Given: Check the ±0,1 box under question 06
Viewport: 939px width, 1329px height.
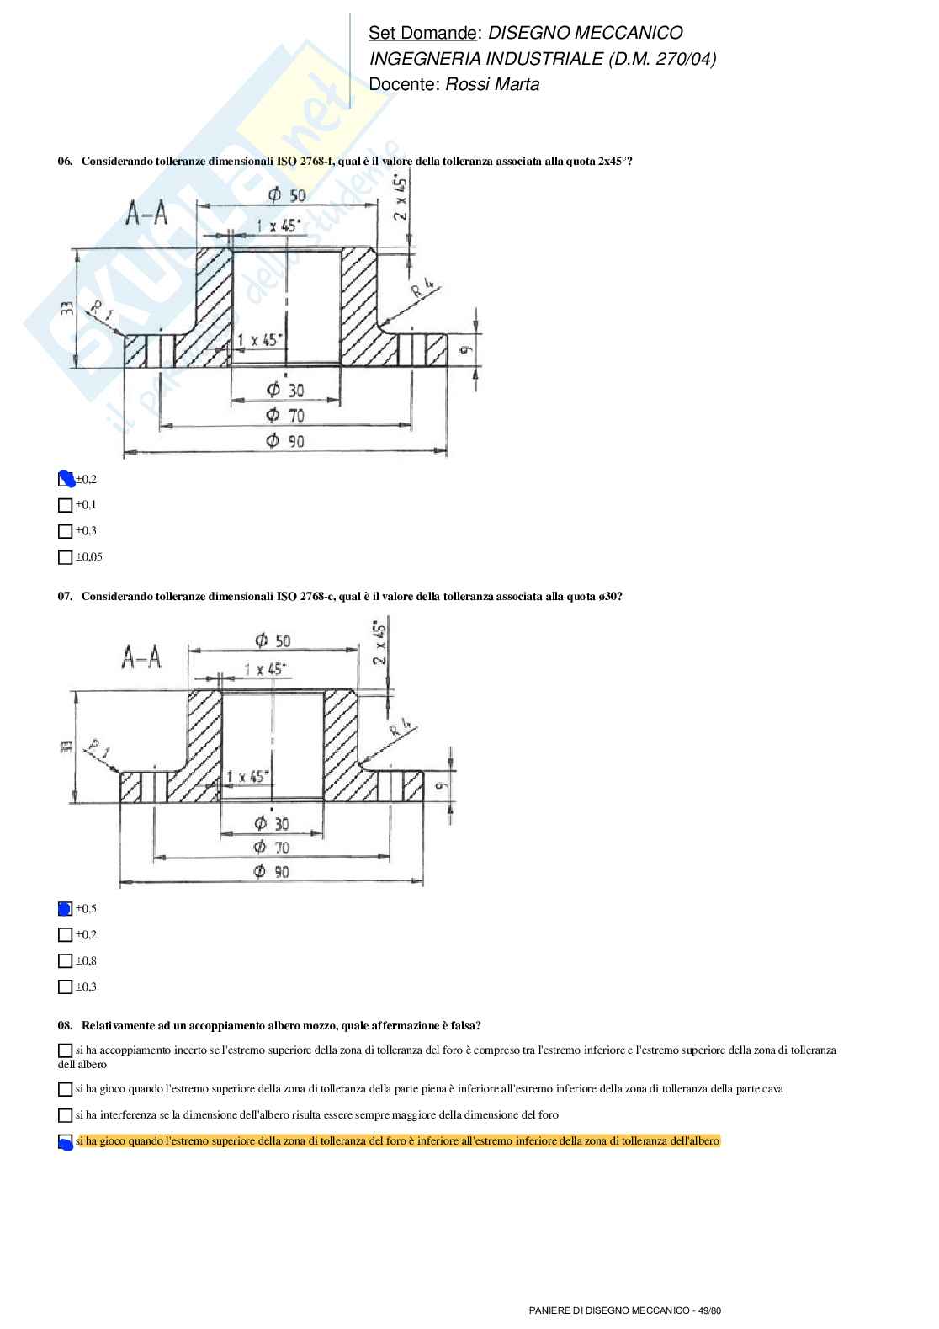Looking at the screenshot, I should click(65, 505).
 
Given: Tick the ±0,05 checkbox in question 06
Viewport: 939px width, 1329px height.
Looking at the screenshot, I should click(65, 557).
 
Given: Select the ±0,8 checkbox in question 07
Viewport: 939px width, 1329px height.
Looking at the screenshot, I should click(65, 960).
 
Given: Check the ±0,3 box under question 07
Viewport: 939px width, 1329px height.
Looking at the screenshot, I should click(65, 986).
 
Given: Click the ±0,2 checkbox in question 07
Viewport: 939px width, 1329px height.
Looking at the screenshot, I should click(65, 934).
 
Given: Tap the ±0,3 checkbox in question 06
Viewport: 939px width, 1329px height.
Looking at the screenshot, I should click(65, 531).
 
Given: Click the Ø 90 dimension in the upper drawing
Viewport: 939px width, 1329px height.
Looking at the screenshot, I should click(285, 441).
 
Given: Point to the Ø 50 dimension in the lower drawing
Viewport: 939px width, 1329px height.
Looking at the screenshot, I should click(273, 641).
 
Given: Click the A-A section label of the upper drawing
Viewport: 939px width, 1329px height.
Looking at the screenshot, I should click(147, 214).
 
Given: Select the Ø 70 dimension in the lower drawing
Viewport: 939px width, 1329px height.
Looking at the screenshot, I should click(272, 847).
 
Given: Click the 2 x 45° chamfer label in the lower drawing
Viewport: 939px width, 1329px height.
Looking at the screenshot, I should click(381, 643).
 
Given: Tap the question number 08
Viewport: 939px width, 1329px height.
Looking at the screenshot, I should click(65, 1025).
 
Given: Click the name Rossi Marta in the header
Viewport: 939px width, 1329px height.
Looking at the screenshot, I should click(492, 84).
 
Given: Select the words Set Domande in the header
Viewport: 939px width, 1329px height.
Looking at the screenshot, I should click(422, 33).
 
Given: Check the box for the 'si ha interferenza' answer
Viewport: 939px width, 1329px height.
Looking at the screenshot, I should click(65, 1115).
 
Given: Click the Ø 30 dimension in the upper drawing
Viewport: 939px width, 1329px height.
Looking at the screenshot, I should click(285, 390).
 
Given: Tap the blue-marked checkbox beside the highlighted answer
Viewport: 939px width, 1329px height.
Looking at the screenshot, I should click(65, 1142).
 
